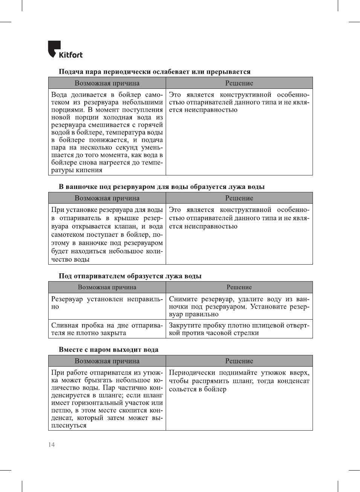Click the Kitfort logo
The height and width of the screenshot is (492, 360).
[x=65, y=50]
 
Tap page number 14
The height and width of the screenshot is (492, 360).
[x=51, y=445]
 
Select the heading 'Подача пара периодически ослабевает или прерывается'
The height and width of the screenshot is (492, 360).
[x=154, y=72]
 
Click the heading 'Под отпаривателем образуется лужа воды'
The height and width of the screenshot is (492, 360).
[x=130, y=276]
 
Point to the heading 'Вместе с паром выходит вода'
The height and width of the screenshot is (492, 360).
[x=108, y=349]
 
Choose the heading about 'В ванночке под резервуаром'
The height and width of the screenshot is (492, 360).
[x=162, y=187]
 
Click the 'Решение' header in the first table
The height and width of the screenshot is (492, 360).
[x=239, y=83]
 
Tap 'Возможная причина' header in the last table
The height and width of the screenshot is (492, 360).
[x=107, y=361]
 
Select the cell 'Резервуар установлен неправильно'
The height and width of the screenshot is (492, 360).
[x=107, y=303]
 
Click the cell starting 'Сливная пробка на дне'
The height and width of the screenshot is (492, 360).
[x=107, y=329]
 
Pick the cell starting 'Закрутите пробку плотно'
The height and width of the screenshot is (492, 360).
[x=239, y=329]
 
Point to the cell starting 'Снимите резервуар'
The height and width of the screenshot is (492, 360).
[x=239, y=306]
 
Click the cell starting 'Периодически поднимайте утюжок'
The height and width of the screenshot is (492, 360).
[x=239, y=381]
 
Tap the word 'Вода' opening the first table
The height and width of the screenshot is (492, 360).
[x=59, y=95]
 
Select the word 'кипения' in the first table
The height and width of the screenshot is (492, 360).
[x=90, y=170]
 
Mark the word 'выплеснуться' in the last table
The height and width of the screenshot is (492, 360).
[x=69, y=425]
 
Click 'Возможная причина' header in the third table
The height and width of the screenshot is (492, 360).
[x=107, y=287]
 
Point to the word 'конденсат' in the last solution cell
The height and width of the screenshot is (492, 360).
[x=293, y=381]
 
